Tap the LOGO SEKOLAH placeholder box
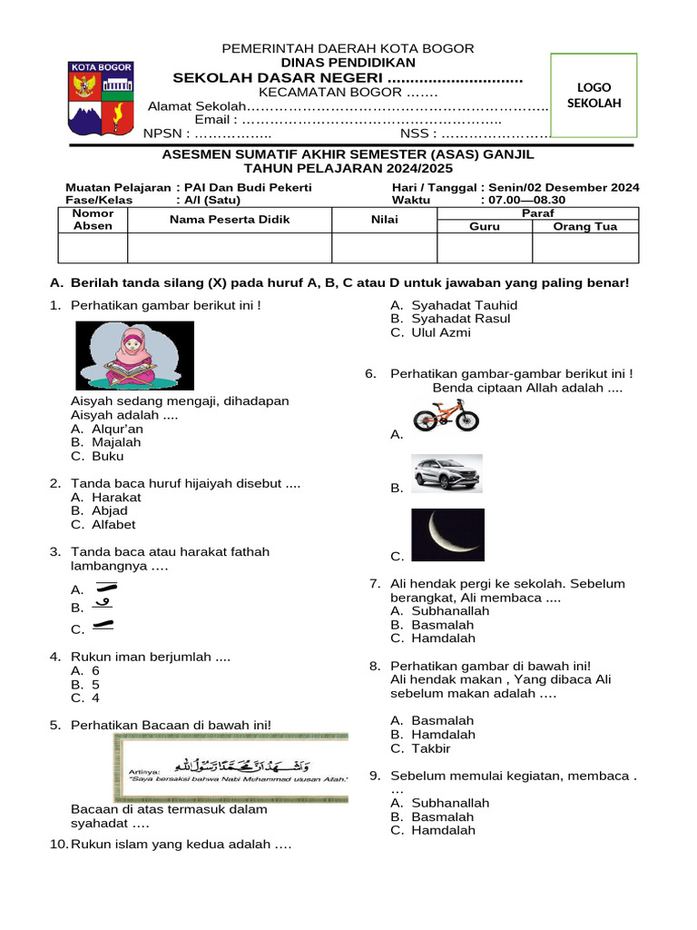594,95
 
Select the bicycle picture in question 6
446,416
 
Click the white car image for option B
447,473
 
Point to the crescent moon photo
447,535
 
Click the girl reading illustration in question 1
134,355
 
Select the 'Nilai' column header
385,219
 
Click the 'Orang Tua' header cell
586,226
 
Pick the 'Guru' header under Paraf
484,226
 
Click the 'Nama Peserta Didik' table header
229,219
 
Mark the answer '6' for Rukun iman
95,671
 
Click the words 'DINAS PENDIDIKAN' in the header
348,63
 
